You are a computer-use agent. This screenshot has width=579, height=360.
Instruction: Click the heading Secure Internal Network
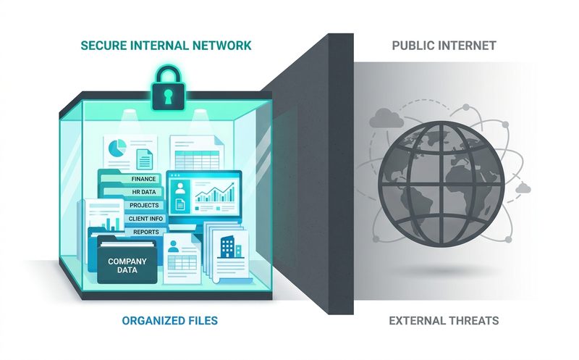tap(166, 46)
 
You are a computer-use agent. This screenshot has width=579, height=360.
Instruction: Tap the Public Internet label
tap(444, 46)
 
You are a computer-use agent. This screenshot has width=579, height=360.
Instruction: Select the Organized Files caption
tap(170, 320)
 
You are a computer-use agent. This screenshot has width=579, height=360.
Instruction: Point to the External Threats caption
tap(444, 320)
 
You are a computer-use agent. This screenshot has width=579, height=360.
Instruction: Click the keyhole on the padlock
tap(168, 96)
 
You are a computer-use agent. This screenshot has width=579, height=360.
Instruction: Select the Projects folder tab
tap(144, 205)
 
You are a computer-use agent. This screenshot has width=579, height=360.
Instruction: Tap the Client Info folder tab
tap(145, 219)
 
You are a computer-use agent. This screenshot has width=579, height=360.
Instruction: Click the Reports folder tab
tap(146, 232)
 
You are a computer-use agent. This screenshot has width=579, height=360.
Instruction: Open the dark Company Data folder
tap(127, 261)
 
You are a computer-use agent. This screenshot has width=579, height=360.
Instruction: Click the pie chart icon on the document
tap(117, 148)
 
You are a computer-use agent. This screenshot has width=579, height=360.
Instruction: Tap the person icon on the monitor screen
tap(180, 188)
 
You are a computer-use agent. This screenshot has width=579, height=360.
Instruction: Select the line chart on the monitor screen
tap(214, 192)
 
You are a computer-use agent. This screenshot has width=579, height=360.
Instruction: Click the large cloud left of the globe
tap(386, 118)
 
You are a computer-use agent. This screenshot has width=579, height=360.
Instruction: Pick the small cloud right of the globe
tap(523, 188)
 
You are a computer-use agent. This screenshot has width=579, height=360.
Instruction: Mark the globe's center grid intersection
tap(441, 183)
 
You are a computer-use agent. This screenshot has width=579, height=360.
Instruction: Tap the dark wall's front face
tap(341, 174)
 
